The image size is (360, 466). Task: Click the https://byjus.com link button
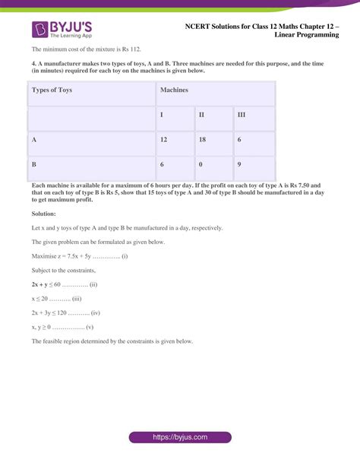click(180, 438)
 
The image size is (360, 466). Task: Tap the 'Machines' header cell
click(174, 89)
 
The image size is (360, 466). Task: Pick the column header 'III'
click(241, 115)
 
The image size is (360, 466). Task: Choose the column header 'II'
click(202, 115)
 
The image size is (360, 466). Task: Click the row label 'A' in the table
click(34, 140)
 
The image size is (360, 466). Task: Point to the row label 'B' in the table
click(34, 163)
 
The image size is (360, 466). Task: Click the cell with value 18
click(202, 140)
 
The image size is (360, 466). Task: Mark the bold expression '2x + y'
click(43, 284)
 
